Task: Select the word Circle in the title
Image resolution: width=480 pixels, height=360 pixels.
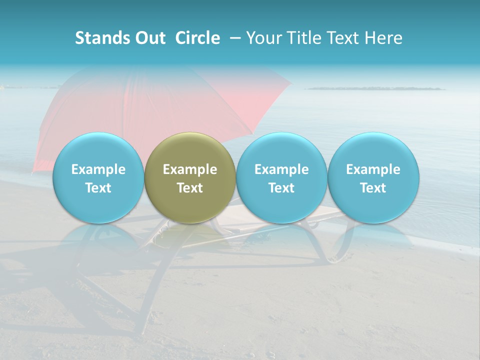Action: (x=197, y=38)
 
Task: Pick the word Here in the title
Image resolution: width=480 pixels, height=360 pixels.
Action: (x=384, y=38)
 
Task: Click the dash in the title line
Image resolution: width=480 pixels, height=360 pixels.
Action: (x=235, y=38)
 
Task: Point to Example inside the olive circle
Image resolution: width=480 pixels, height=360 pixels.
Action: (x=190, y=169)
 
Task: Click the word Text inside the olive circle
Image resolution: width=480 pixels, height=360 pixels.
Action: (x=190, y=188)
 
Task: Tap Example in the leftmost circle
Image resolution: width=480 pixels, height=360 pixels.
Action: (x=98, y=169)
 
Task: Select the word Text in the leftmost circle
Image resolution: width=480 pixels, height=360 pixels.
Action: (x=98, y=188)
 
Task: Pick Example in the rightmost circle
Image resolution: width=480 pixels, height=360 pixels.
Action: (x=373, y=169)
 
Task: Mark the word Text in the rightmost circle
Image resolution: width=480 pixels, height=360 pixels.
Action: (x=373, y=188)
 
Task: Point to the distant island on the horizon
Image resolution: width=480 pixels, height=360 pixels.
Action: (x=375, y=88)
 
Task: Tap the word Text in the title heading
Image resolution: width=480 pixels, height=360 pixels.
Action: (x=345, y=38)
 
